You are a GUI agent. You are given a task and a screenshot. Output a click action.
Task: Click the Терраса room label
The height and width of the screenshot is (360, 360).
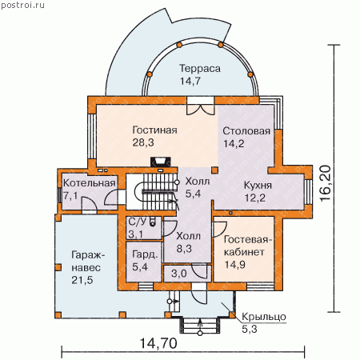(x=200, y=69)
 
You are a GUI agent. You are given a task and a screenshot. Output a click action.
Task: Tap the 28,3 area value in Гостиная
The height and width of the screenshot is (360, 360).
(x=143, y=142)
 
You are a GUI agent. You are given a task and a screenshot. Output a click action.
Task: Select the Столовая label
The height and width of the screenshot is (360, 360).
(x=246, y=131)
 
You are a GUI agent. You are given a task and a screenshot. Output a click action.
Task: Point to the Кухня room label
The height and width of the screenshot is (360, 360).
(x=258, y=186)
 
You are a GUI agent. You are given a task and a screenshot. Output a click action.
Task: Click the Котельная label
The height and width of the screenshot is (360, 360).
(x=90, y=183)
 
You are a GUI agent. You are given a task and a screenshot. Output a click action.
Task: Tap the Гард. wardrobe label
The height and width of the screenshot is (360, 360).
(x=145, y=254)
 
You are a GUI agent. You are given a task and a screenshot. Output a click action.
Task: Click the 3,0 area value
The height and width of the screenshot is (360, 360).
(x=179, y=274)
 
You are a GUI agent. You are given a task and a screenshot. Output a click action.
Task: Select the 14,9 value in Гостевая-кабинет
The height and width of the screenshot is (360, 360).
(x=235, y=265)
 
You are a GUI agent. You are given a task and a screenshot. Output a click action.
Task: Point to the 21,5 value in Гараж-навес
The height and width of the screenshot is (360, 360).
(x=82, y=280)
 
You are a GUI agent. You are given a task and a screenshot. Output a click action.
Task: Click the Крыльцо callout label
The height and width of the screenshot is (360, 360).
(x=264, y=317)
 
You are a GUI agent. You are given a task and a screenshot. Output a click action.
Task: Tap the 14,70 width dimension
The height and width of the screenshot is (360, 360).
(x=158, y=343)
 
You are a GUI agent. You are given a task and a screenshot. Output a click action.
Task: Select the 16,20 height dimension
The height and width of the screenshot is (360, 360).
(x=326, y=183)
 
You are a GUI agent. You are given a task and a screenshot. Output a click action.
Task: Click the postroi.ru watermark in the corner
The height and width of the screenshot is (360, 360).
(x=22, y=5)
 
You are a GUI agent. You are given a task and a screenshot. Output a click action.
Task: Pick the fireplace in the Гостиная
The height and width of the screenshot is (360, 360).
(x=161, y=162)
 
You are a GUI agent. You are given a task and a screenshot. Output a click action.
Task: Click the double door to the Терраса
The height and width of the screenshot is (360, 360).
(x=200, y=106)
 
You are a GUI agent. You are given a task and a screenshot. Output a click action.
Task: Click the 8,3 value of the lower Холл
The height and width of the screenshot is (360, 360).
(x=184, y=249)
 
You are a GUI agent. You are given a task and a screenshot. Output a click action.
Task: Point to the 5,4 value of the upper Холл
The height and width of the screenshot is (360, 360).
(x=193, y=194)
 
